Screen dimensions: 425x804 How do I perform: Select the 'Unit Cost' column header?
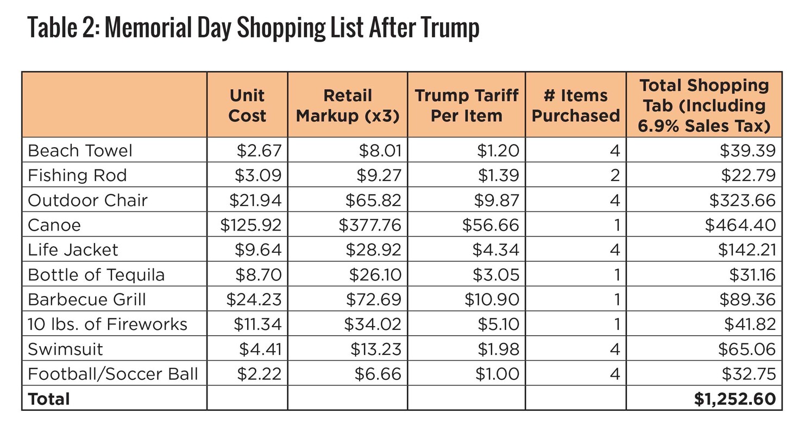247,105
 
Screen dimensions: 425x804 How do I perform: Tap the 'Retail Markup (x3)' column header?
348,105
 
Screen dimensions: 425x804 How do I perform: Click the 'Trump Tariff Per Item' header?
466,105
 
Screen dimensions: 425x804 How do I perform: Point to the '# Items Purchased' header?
575,105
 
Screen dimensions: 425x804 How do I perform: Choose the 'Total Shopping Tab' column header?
704,105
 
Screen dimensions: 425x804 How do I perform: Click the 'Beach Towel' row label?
80,151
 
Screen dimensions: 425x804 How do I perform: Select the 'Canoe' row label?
54,225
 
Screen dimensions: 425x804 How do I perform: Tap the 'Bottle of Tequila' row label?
96,275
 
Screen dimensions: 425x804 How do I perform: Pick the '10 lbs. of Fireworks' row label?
108,324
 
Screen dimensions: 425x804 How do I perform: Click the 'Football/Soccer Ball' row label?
113,374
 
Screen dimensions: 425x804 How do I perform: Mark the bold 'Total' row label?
49,399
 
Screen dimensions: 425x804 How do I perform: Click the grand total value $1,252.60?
734,399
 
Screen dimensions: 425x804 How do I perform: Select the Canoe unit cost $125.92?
251,225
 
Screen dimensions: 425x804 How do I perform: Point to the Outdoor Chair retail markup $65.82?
373,201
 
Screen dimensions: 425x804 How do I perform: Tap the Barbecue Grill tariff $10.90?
492,299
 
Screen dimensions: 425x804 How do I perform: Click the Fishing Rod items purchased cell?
614,176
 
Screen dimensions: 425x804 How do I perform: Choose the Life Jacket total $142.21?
746,250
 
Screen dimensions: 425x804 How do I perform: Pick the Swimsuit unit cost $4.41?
260,349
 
